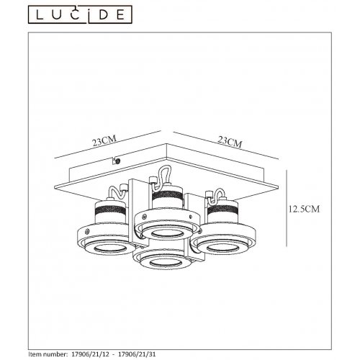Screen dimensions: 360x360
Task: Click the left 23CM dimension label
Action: point(104,141)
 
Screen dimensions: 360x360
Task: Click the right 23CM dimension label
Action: point(230,141)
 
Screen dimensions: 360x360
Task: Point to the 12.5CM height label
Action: point(304,209)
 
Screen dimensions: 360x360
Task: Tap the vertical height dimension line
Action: point(287,208)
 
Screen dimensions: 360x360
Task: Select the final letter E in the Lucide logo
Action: point(120,15)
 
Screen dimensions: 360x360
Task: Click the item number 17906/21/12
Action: point(91,354)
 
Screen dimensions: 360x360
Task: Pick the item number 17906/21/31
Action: point(138,354)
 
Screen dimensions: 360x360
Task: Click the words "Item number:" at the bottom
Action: point(48,354)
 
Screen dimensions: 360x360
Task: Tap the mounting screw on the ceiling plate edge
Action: point(117,161)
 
